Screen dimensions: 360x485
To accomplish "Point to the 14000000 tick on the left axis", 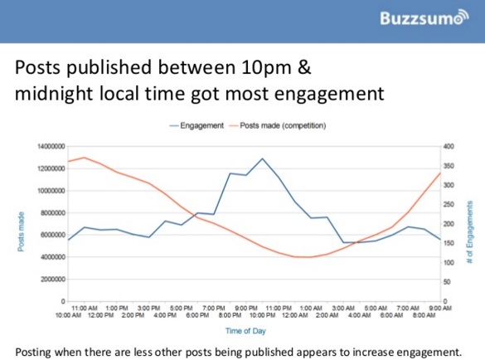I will point(51,146).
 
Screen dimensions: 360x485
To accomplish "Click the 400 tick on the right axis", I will point(449,146).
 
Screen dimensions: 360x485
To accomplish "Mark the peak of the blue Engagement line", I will point(262,158).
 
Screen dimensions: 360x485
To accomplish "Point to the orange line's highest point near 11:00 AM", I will point(85,158).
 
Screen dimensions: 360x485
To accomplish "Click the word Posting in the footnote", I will point(35,348).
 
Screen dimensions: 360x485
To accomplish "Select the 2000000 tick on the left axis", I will point(52,279).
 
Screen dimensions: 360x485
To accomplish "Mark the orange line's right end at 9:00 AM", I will point(439,173).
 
